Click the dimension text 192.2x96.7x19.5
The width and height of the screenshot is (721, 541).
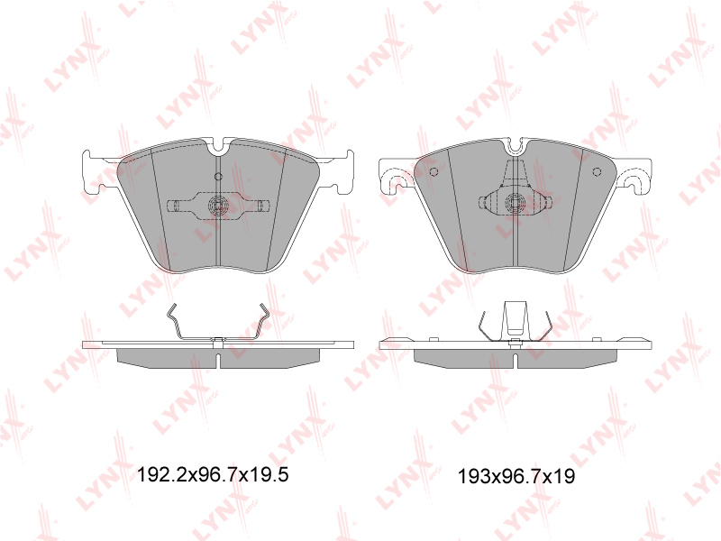click(213, 474)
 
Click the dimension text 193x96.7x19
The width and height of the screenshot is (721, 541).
click(516, 477)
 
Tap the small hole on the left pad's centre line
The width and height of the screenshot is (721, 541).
click(218, 176)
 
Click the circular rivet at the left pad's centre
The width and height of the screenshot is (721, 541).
click(218, 205)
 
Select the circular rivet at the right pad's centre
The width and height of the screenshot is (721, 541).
click(514, 202)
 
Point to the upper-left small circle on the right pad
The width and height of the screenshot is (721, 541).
click(434, 171)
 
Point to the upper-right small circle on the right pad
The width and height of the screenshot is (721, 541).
click(597, 171)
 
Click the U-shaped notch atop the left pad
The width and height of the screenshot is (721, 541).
click(218, 146)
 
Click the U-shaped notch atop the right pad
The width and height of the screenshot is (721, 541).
click(516, 146)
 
